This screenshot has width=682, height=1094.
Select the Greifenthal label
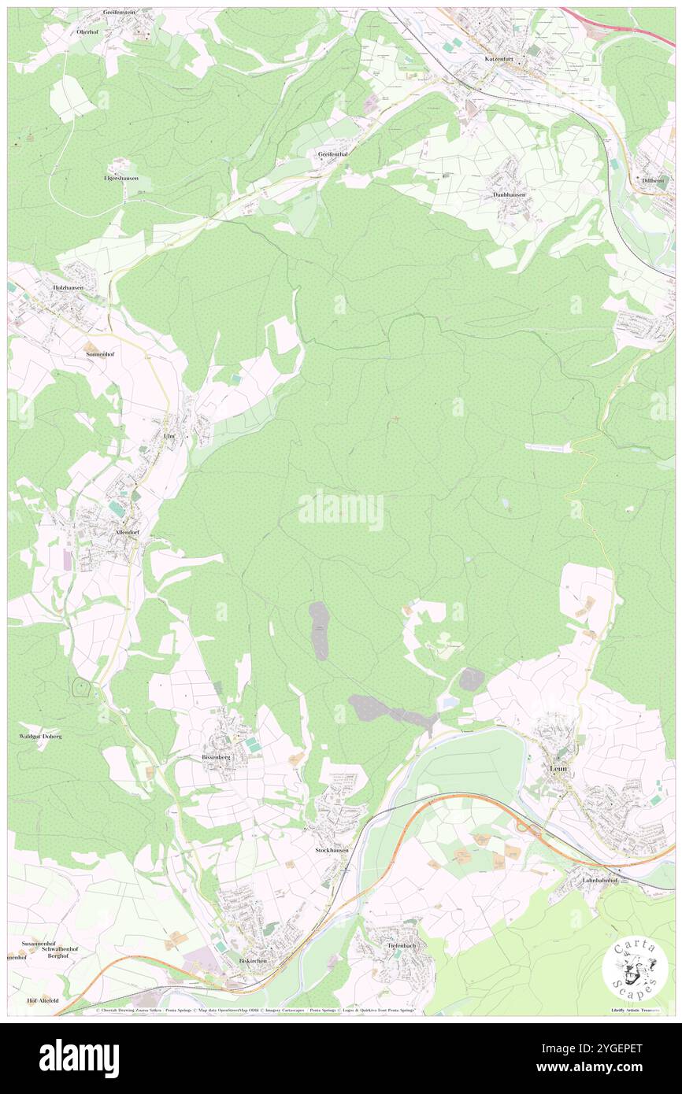333,153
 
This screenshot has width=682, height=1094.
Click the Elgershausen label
121,178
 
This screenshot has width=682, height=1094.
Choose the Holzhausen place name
69,288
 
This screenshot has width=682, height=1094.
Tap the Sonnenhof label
101,355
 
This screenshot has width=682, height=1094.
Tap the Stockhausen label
332,851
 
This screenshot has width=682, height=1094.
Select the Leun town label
557,768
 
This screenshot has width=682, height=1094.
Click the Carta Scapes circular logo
635,967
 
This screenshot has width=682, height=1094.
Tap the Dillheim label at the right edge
654,180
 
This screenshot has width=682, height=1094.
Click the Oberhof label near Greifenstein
87,31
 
